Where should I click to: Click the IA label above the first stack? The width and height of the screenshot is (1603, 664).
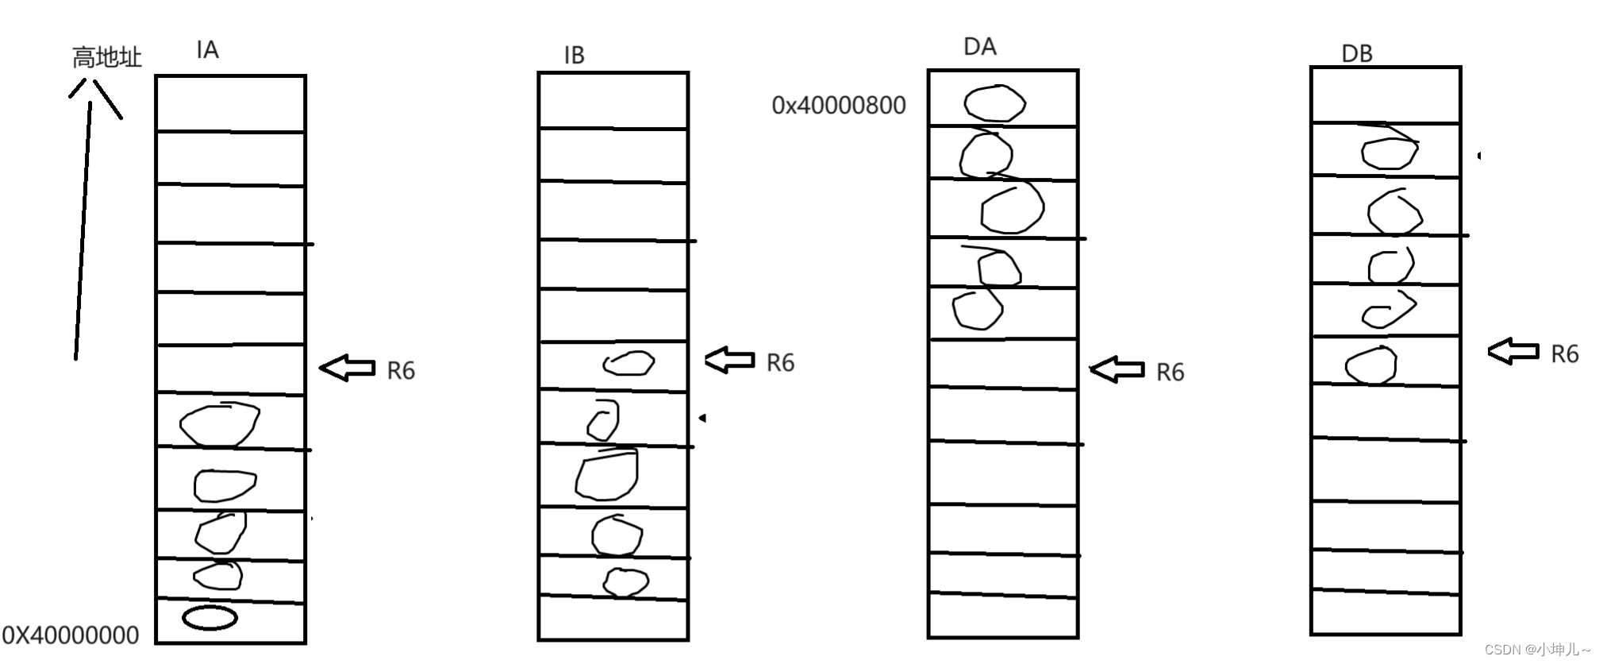pyautogui.click(x=207, y=50)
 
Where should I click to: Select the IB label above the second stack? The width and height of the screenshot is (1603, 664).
pyautogui.click(x=574, y=56)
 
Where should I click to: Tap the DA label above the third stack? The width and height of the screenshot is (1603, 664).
pyautogui.click(x=979, y=47)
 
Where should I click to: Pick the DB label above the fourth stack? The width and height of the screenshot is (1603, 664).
pyautogui.click(x=1356, y=54)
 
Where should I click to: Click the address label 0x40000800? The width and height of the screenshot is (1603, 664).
pyautogui.click(x=838, y=106)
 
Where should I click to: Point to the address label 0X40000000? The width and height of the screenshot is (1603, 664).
pyautogui.click(x=71, y=635)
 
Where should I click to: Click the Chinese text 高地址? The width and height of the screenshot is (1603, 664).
pyautogui.click(x=106, y=58)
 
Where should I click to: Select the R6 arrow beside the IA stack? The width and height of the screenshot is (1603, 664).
pyautogui.click(x=347, y=368)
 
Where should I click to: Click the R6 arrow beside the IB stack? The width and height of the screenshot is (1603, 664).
pyautogui.click(x=729, y=360)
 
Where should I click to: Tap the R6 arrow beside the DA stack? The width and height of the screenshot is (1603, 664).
pyautogui.click(x=1117, y=369)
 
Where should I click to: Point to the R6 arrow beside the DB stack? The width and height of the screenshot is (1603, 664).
pyautogui.click(x=1513, y=351)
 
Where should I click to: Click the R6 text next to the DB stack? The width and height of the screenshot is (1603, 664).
pyautogui.click(x=1564, y=354)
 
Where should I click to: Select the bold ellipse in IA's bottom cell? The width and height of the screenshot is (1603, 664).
pyautogui.click(x=210, y=618)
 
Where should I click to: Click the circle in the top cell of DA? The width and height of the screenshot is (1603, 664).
pyautogui.click(x=994, y=103)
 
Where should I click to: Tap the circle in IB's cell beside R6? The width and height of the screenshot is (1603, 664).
pyautogui.click(x=629, y=364)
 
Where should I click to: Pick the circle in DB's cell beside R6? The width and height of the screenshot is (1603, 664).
pyautogui.click(x=1370, y=365)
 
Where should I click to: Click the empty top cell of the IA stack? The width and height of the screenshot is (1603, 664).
pyautogui.click(x=230, y=103)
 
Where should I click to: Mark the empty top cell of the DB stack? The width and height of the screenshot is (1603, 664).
pyautogui.click(x=1386, y=95)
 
